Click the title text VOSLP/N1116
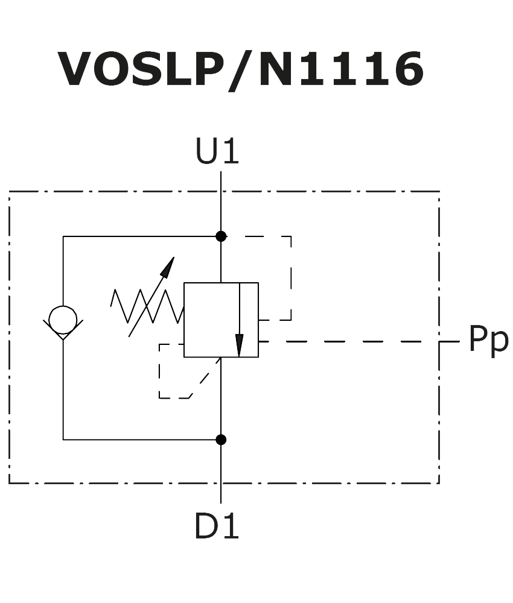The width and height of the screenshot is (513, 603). coord(240,70)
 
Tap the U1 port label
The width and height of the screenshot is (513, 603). coord(217,152)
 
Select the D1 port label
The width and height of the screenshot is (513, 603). coord(217,527)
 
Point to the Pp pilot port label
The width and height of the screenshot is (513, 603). coord(488,340)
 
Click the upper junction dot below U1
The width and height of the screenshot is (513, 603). coord(221,236)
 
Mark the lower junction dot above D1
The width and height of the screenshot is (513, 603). coord(221,440)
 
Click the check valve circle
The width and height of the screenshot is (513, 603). coord(63,319)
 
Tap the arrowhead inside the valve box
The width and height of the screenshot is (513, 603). coord(240,346)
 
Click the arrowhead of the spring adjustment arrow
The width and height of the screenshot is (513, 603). coord(168,266)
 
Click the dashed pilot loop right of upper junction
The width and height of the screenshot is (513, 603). coord(290,277)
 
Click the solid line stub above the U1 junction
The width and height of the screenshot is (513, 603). coord(221,202)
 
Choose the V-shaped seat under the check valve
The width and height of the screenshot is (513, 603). coord(63,330)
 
